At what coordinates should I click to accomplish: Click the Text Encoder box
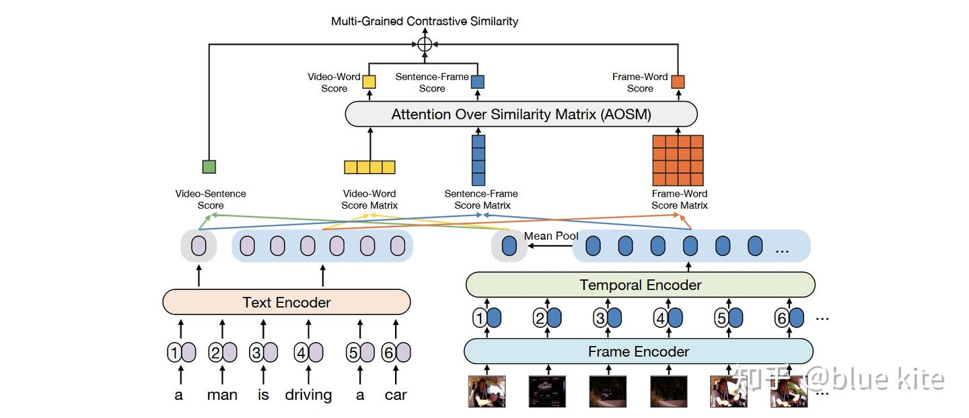[x=287, y=302]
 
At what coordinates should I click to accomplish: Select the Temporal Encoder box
[x=640, y=285]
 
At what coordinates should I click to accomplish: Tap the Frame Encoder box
[x=638, y=351]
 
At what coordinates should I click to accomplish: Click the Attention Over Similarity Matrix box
[x=521, y=114]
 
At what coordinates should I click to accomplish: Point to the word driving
[x=308, y=394]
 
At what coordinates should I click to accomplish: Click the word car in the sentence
[x=396, y=394]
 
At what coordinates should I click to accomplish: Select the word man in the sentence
[x=222, y=394]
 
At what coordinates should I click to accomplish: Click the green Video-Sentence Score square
[x=209, y=166]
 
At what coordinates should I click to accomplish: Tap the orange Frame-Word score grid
[x=678, y=160]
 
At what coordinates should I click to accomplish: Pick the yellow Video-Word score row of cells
[x=369, y=167]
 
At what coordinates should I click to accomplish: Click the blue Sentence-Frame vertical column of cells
[x=478, y=160]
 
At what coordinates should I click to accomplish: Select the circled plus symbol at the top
[x=424, y=44]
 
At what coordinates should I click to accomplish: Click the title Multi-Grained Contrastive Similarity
[x=425, y=21]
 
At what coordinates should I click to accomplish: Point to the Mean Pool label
[x=551, y=236]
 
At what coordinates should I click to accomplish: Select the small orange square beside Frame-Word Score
[x=678, y=82]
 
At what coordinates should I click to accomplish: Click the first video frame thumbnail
[x=487, y=391]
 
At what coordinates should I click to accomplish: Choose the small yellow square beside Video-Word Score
[x=369, y=82]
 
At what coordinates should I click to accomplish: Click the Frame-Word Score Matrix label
[x=679, y=199]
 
